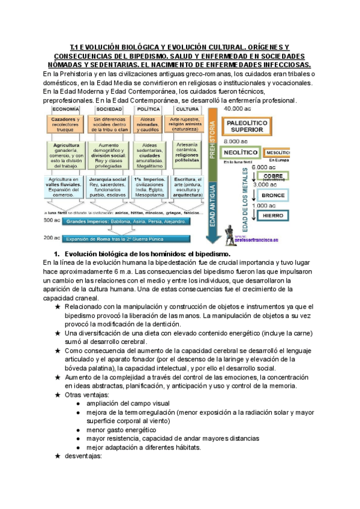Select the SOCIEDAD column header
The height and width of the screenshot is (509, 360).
[x=109, y=110]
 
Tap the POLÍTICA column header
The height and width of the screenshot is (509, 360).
[x=149, y=110]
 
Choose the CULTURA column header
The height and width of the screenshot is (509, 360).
[x=188, y=110]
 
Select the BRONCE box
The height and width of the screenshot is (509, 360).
[x=273, y=194]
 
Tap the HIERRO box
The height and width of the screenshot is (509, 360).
[x=273, y=215]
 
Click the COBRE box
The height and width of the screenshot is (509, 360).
[x=273, y=175]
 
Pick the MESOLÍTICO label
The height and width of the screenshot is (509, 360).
[x=279, y=152]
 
